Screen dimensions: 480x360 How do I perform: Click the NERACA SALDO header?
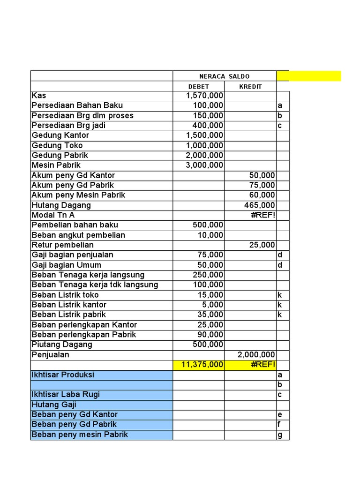(225, 76)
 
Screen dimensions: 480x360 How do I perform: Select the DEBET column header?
(199, 87)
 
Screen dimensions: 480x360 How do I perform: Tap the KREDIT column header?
(250, 87)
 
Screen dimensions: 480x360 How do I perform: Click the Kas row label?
(39, 96)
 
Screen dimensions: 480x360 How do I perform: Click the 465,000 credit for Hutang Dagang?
(260, 205)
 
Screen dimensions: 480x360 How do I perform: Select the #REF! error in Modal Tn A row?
(262, 215)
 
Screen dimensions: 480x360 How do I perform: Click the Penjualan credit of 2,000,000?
(256, 355)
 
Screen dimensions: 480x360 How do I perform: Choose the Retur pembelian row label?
(63, 245)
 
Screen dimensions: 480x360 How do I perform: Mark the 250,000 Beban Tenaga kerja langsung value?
(208, 275)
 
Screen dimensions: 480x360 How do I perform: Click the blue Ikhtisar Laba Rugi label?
(66, 395)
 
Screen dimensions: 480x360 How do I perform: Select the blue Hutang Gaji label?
(54, 405)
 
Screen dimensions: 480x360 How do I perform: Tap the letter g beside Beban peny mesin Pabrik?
(280, 435)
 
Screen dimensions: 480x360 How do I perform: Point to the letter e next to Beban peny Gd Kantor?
(280, 415)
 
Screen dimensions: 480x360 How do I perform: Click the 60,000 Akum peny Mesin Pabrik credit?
(262, 195)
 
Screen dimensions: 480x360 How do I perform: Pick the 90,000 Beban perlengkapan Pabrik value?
(210, 335)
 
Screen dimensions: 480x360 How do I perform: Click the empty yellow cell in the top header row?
(309, 76)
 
